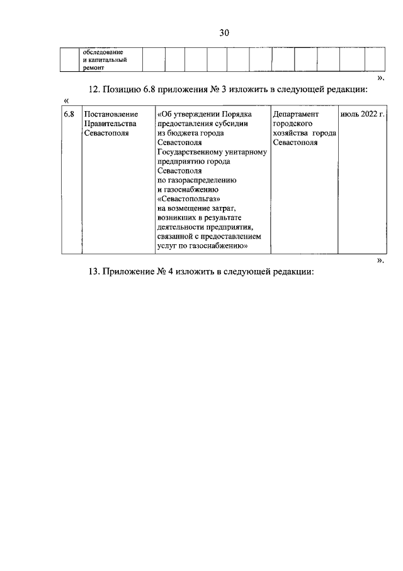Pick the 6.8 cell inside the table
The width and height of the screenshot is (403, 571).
(69, 114)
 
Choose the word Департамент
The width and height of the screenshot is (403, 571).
(297, 114)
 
